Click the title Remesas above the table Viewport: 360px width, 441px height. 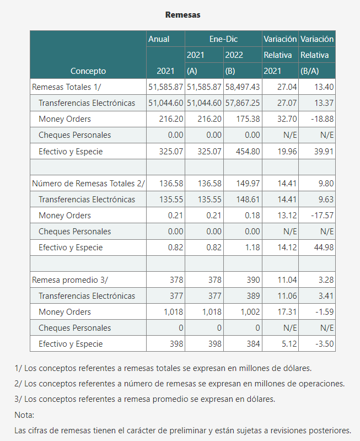tap(183, 15)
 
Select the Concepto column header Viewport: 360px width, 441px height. tap(88, 71)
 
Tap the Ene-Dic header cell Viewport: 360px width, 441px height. tap(224, 39)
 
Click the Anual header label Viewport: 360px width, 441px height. tap(159, 39)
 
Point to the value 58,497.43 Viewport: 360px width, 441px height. tap(243, 87)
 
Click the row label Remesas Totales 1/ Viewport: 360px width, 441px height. tap(66, 87)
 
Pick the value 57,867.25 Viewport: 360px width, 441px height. tap(243, 103)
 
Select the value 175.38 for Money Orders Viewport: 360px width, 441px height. tap(248, 119)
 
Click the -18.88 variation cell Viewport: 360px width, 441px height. tap(323, 119)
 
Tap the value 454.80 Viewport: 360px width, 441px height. tap(248, 151)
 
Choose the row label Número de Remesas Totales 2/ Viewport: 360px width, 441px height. tap(88, 184)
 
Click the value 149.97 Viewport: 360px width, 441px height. tap(248, 184)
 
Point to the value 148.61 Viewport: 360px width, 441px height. tap(248, 200)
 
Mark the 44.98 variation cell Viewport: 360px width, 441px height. tap(324, 248)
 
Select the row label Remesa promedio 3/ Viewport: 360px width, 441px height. tap(70, 280)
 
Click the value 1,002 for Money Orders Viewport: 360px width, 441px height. tap(250, 312)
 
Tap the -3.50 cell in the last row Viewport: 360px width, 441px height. tap(325, 343)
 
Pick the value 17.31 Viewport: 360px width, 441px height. tap(287, 312)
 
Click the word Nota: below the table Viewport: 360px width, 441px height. tap(24, 415)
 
